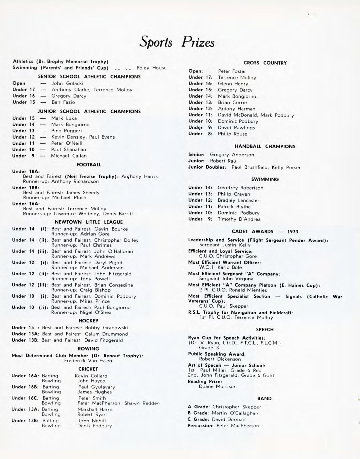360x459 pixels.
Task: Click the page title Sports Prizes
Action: [177, 42]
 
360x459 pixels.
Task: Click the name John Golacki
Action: [67, 83]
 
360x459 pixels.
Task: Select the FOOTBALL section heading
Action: [89, 165]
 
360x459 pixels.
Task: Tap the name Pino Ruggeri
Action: [67, 131]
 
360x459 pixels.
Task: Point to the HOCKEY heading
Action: [89, 321]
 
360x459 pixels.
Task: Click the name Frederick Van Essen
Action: [88, 361]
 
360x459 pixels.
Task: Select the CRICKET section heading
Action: [88, 369]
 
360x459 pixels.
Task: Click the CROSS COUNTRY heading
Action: [265, 63]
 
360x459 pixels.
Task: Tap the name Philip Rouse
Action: [232, 134]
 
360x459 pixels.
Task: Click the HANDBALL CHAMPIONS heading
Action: [265, 146]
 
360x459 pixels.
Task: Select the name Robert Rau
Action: [223, 161]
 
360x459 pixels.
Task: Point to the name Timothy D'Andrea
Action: [239, 219]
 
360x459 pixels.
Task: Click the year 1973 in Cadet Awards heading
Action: [293, 232]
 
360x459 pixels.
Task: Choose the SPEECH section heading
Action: [265, 330]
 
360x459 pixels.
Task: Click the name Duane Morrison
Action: [218, 387]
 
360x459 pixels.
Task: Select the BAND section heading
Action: [264, 399]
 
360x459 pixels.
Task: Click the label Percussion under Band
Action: [200, 426]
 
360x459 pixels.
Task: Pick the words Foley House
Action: [152, 68]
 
